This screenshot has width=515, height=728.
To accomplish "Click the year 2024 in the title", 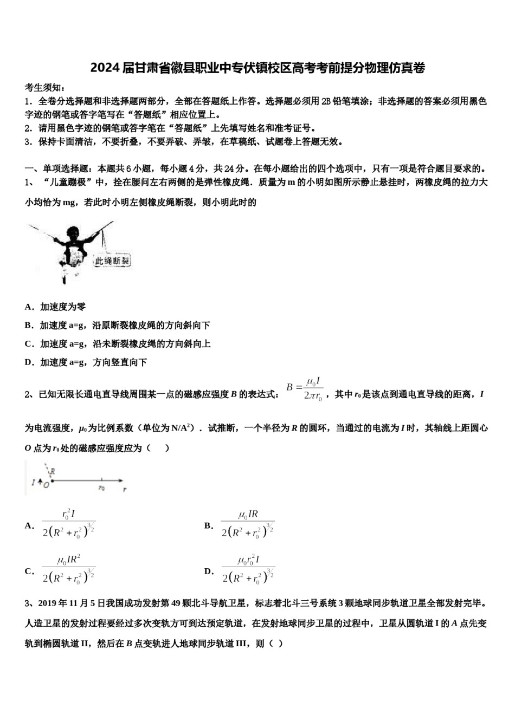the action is coord(101,68).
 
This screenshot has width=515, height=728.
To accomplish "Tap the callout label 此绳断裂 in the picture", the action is coord(112,261).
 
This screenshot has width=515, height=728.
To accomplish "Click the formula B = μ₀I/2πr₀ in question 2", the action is coord(305,389).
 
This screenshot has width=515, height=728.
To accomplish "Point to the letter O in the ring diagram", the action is coord(47,485).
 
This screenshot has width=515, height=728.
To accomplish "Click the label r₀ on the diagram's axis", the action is coord(101,487).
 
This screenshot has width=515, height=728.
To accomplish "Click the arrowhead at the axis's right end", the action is coord(123,480).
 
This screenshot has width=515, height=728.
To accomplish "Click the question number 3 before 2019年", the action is coord(28,603).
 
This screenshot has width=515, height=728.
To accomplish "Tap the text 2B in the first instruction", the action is coord(326,101).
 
